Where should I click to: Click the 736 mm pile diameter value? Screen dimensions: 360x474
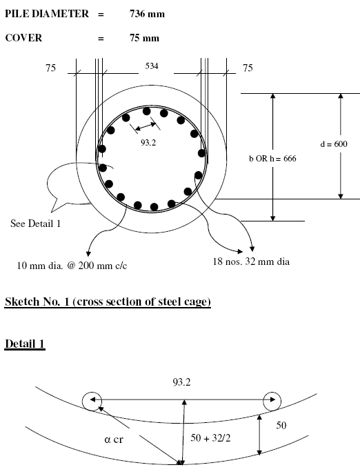(x=147, y=14)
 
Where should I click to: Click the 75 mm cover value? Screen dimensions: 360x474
(x=145, y=38)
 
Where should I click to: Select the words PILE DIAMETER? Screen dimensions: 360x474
(x=47, y=14)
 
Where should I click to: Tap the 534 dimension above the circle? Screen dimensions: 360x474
(x=152, y=66)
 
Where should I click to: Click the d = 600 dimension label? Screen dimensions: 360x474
(x=334, y=144)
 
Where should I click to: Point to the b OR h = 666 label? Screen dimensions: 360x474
(x=272, y=159)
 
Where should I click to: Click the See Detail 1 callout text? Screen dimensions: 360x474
(x=35, y=224)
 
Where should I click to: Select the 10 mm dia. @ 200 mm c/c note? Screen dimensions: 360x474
(x=72, y=266)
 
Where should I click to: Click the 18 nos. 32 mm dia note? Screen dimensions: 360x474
(x=251, y=261)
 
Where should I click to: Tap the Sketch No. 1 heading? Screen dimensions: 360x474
(x=108, y=302)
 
